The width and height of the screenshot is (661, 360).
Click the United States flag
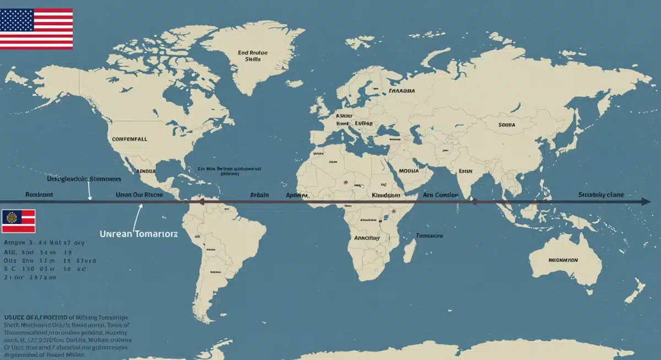[x=36, y=29]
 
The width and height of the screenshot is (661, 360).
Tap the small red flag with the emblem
[x=18, y=221]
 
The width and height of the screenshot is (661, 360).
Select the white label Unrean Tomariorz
[x=139, y=234]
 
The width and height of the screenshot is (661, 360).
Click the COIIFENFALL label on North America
[x=130, y=140]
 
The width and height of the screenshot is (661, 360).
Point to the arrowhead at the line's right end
[x=645, y=202]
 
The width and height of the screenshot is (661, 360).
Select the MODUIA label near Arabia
[x=408, y=171]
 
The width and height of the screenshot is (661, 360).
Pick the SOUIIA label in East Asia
[x=506, y=125]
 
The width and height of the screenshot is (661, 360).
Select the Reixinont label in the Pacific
[x=40, y=195]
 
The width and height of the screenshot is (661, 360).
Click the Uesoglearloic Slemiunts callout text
[x=84, y=179]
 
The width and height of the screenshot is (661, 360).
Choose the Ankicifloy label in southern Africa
[x=366, y=238]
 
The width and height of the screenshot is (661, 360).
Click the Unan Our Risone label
[x=139, y=195]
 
